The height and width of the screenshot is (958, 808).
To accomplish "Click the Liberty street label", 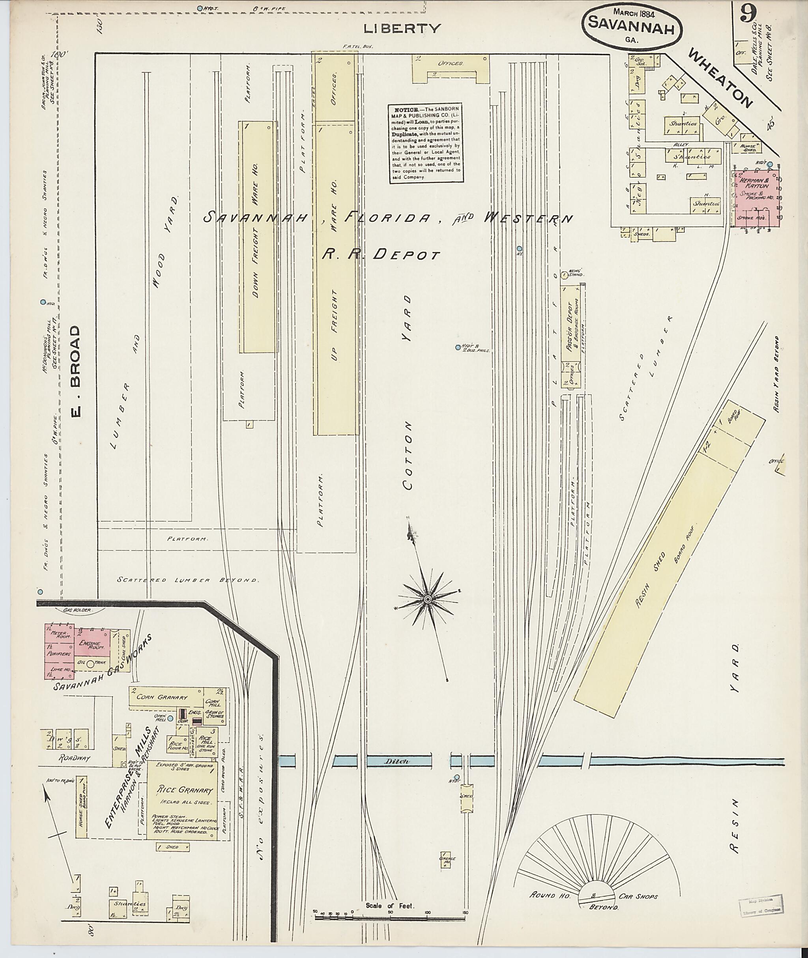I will pos(402,29).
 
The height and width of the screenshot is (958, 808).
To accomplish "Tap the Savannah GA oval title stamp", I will pos(632,28).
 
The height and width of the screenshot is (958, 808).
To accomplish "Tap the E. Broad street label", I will pos(76,372).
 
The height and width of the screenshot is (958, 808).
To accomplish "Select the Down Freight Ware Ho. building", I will pos(257,237).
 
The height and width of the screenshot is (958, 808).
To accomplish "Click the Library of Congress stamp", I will pos(760,904).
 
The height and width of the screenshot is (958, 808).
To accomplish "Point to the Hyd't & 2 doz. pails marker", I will pos(458,347).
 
